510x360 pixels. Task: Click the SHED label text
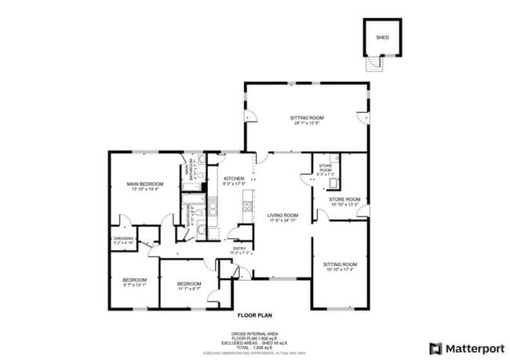coord(382,37)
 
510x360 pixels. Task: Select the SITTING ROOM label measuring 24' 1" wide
coord(308,118)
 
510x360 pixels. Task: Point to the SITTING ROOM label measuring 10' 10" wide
coord(340,264)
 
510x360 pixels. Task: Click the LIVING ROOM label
coord(282,215)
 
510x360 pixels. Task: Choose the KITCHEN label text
coord(235,179)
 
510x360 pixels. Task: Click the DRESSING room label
coord(123,238)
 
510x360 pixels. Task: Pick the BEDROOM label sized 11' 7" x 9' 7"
coord(189,283)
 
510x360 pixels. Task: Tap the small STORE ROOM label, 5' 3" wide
coord(326,168)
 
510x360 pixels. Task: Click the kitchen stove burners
coord(248,206)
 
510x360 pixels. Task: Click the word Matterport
coord(472,348)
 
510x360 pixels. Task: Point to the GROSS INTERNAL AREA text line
coord(256,333)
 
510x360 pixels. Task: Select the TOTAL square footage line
coord(256,346)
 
